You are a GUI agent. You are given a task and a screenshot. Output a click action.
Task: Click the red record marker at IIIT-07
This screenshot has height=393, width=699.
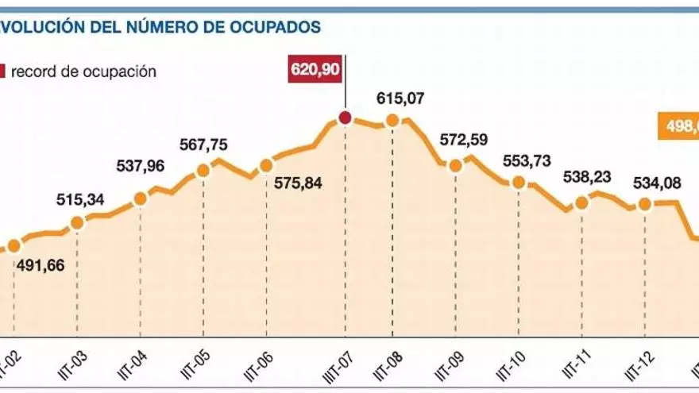[345, 118]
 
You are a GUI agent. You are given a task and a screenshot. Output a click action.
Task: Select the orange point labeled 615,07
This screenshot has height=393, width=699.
[392, 121]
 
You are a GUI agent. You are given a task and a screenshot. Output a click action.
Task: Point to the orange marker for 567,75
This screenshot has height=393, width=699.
[203, 170]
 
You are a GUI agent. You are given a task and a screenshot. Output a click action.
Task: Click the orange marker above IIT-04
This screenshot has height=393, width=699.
[141, 198]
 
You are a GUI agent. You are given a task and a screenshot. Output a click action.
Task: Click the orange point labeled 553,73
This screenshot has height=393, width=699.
[519, 182]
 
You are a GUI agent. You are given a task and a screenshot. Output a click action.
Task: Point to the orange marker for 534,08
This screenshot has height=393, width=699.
[644, 204]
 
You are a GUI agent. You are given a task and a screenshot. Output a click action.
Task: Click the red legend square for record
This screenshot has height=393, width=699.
[2, 71]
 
